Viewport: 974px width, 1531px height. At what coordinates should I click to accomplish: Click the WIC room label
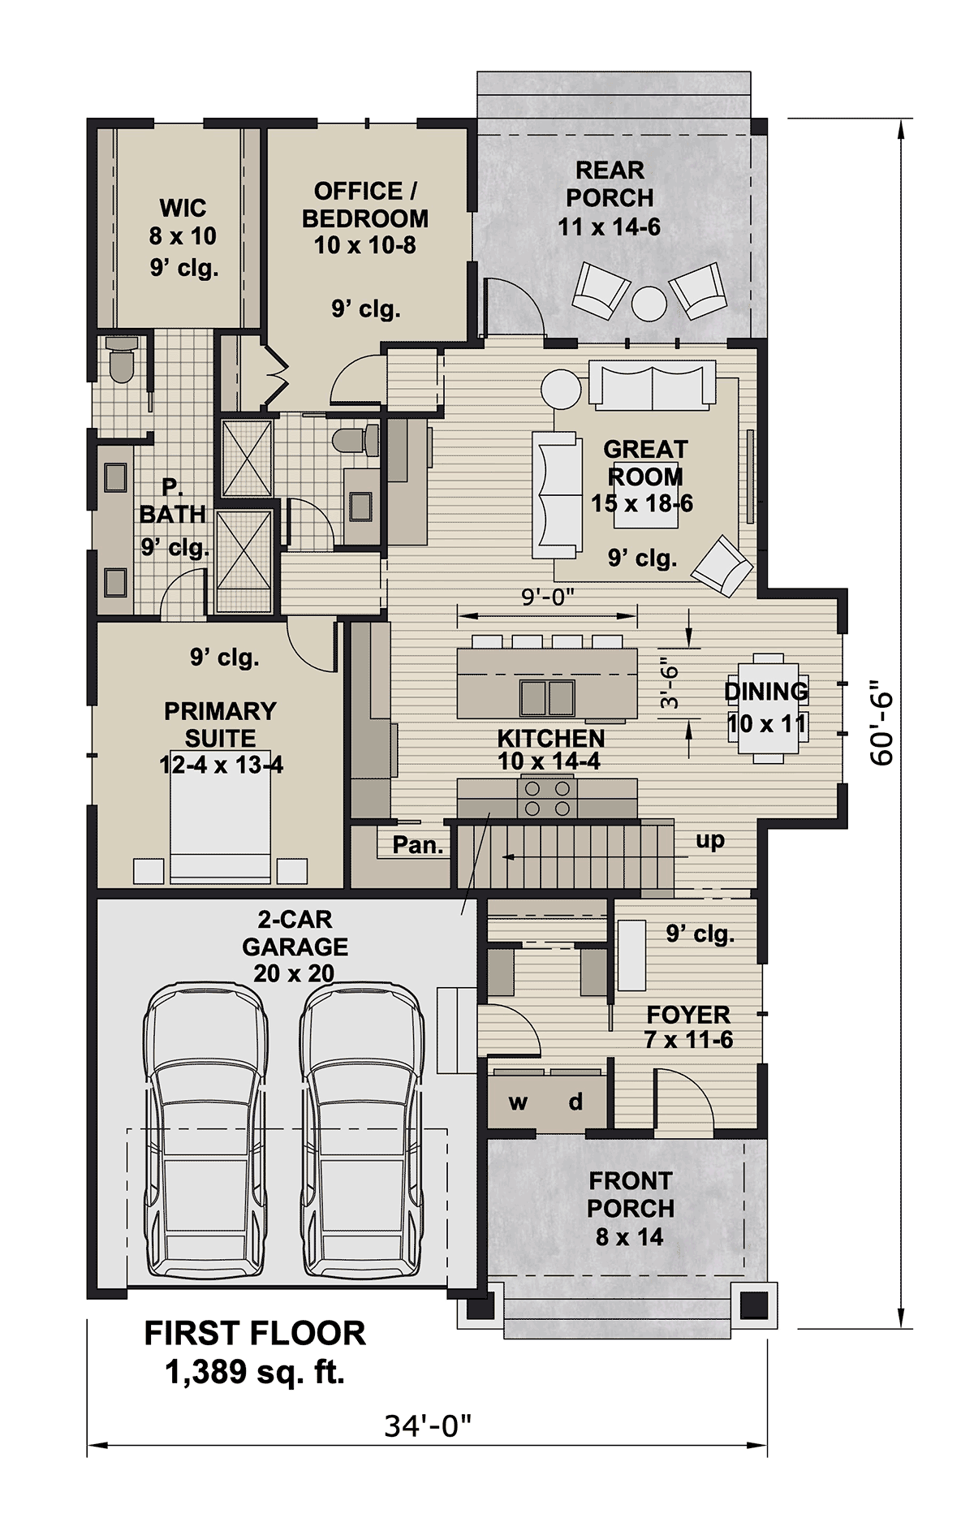(183, 209)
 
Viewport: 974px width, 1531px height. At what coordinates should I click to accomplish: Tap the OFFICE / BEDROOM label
(365, 205)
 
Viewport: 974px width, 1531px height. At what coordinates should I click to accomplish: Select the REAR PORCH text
(610, 183)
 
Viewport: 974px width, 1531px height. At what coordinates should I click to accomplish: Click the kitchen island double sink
(547, 696)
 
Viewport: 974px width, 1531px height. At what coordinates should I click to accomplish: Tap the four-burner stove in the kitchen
(547, 797)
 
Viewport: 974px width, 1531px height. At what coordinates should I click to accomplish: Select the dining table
(767, 708)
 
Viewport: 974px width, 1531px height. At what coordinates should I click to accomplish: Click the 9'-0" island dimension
(547, 597)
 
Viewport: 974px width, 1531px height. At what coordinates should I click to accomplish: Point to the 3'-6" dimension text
(669, 683)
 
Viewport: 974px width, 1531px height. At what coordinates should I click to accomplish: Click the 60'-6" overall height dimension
(881, 728)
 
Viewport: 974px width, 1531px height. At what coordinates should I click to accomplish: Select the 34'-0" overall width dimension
(428, 1425)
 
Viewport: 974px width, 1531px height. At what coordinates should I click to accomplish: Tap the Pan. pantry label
(418, 845)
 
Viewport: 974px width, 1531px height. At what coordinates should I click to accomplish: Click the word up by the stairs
(710, 841)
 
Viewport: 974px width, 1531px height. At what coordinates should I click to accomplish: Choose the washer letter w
(518, 1102)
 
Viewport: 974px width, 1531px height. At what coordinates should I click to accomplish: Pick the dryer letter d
(575, 1101)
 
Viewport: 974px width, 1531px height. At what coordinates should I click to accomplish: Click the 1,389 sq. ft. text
(255, 1373)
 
